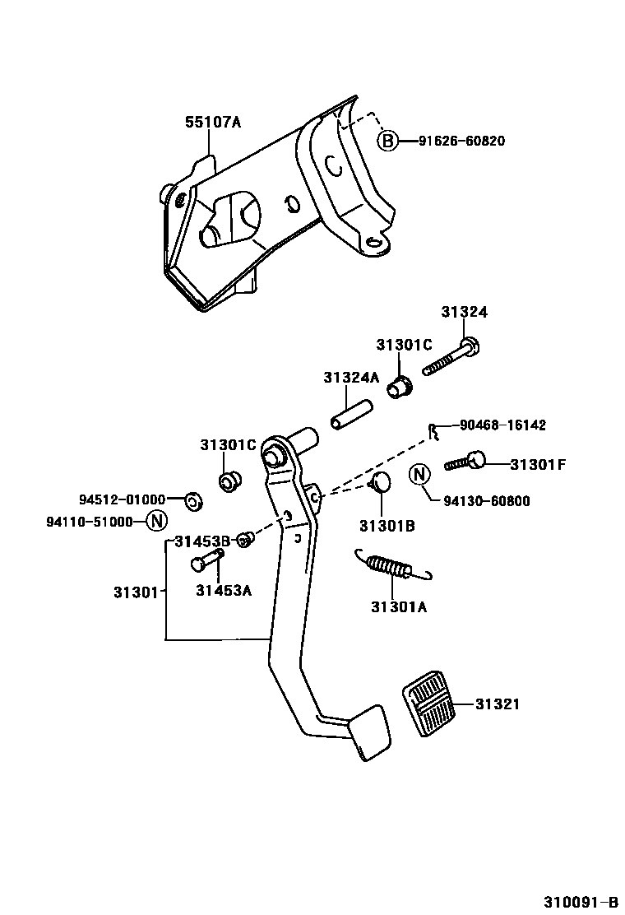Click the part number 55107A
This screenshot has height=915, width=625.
[x=212, y=123]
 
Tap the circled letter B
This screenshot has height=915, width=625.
[x=387, y=141]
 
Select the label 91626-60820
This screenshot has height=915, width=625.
[x=461, y=141]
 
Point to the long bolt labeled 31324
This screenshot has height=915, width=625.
[x=451, y=359]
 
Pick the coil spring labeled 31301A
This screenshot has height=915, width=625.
[x=391, y=566]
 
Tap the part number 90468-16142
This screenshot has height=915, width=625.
[x=502, y=425]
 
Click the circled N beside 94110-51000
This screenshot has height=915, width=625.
[x=156, y=521]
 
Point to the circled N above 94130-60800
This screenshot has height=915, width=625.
[x=419, y=474]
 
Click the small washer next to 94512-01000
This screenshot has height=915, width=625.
[x=192, y=499]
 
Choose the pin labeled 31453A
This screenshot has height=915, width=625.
[x=207, y=563]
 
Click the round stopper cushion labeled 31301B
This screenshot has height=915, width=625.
[x=381, y=483]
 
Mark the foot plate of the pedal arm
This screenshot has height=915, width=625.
[x=367, y=732]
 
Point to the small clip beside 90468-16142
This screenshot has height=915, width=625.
[x=431, y=429]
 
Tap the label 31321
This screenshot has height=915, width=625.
[x=498, y=704]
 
